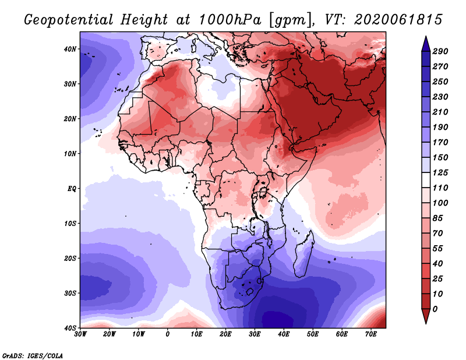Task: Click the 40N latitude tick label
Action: coord(70,49)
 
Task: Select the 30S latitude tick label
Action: coord(70,293)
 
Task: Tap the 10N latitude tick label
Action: coord(70,154)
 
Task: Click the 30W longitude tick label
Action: coord(80,334)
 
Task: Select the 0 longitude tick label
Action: coord(168,334)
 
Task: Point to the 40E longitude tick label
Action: coord(284,334)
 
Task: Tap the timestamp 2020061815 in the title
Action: coord(391,19)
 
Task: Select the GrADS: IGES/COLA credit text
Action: coord(33,355)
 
